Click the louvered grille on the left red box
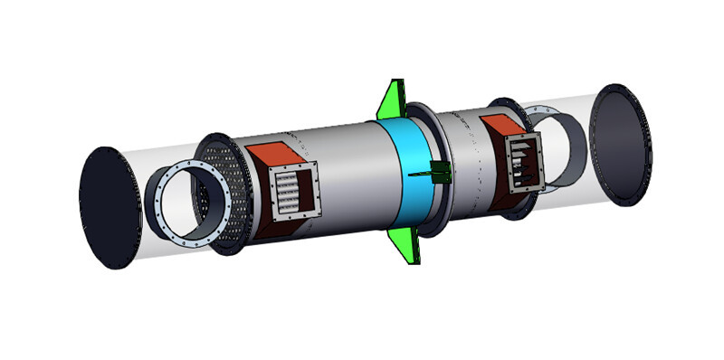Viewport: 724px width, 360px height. click(291, 194)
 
